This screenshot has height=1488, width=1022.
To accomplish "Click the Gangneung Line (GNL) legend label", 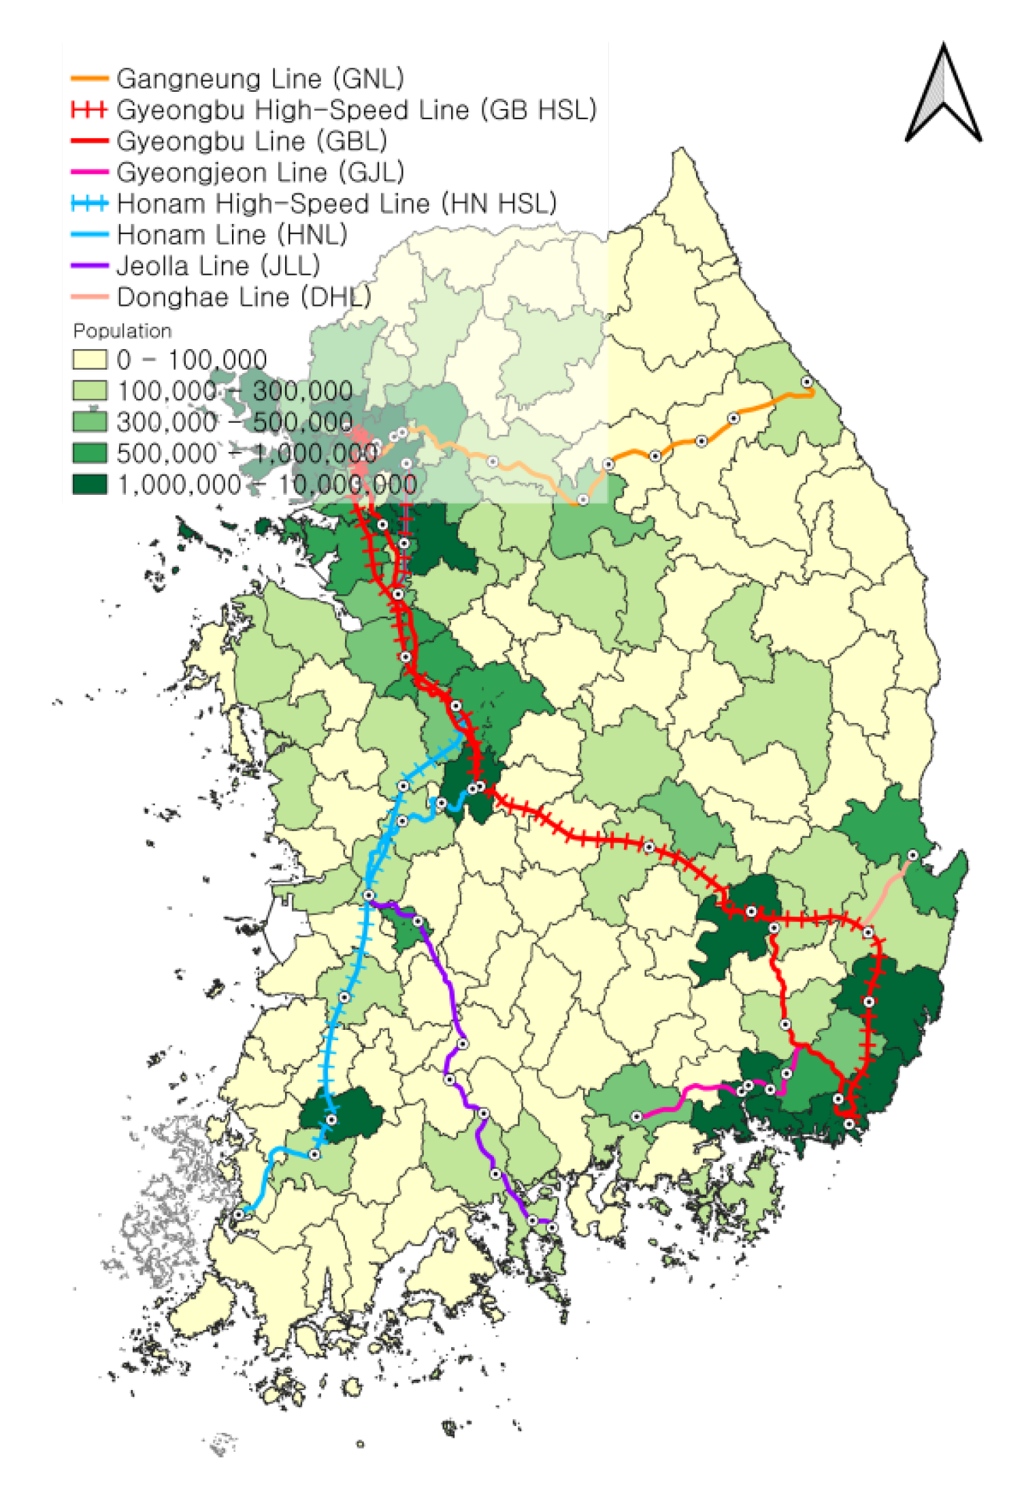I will [260, 79].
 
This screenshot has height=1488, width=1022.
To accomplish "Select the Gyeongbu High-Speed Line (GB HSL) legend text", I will [356, 110].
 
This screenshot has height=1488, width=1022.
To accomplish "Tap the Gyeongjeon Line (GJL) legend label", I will [260, 172].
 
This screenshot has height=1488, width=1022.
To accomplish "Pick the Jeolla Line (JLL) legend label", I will [218, 265].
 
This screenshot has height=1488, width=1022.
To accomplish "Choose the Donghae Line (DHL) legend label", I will [244, 297].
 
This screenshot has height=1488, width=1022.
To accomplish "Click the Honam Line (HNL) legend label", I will [231, 235].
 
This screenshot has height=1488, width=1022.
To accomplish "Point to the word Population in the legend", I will [122, 331].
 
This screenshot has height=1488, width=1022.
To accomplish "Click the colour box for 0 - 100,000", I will [90, 359].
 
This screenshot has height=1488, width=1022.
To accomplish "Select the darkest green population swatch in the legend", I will [90, 484].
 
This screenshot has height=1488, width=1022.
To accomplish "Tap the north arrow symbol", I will [943, 95].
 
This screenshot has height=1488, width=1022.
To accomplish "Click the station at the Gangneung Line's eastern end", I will [806, 382].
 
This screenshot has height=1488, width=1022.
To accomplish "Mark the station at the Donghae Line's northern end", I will [912, 855].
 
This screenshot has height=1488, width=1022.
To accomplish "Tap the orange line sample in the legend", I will [90, 79].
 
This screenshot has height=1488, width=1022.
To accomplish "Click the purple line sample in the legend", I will [90, 265].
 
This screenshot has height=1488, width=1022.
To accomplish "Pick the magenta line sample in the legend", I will [90, 172].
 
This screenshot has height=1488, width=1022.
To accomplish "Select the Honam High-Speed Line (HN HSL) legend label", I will [336, 204].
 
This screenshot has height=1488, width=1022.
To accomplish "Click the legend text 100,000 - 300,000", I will [235, 391].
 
